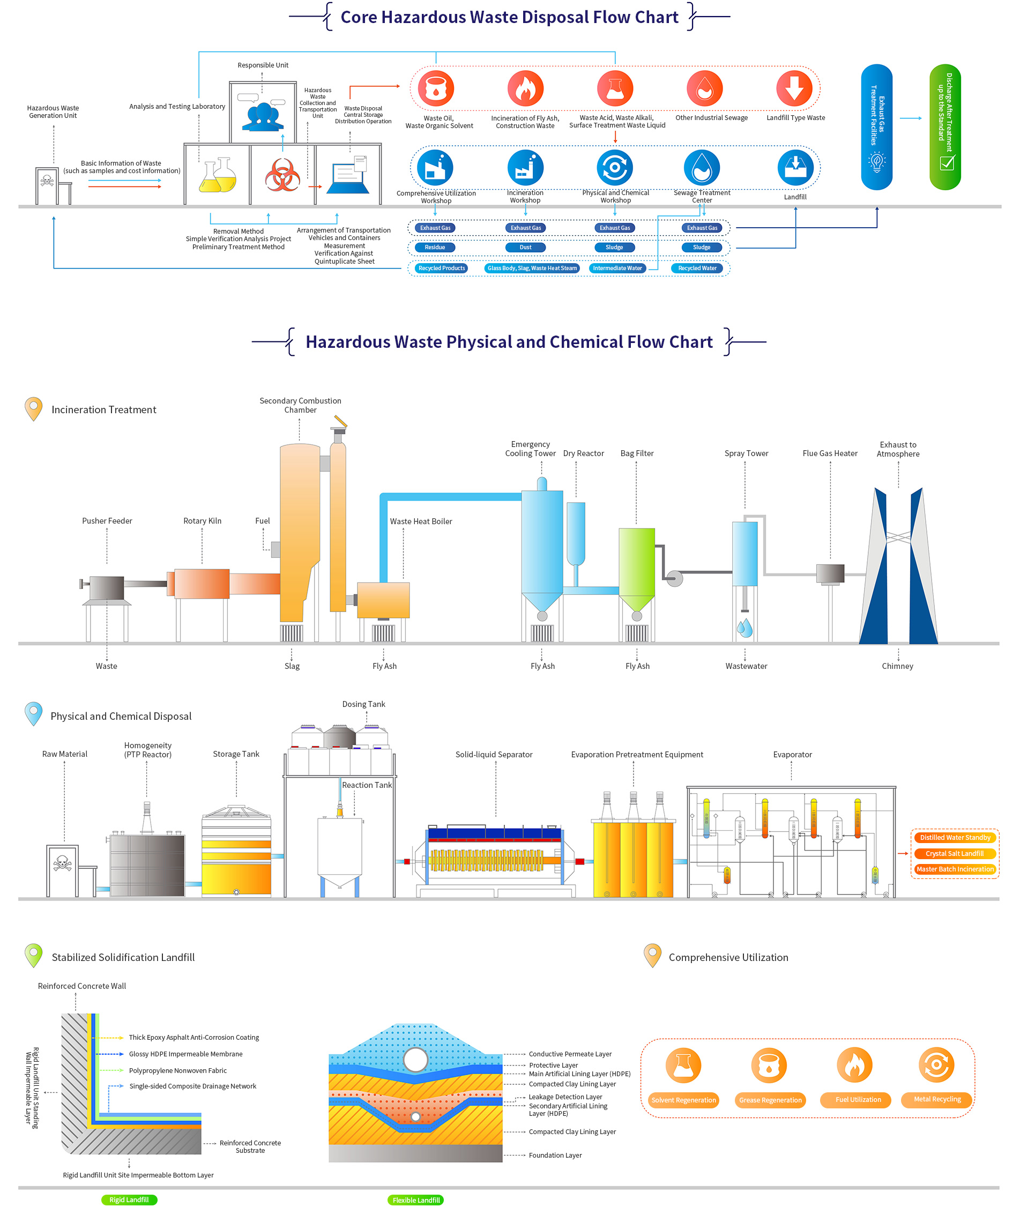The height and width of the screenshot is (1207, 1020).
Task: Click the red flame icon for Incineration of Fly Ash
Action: tap(525, 88)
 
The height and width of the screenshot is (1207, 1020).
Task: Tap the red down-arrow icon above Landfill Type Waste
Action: tap(794, 88)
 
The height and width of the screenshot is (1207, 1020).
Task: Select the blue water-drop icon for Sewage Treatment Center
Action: tap(702, 168)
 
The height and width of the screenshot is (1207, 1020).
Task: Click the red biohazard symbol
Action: tap(282, 175)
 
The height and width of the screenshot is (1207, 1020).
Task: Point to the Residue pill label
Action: tap(435, 248)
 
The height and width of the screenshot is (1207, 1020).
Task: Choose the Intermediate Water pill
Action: tap(617, 268)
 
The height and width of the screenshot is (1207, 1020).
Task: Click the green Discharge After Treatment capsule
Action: tap(945, 126)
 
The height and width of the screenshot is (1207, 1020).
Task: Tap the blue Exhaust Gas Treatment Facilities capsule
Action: tap(876, 126)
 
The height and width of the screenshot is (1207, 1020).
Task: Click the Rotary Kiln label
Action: tap(203, 521)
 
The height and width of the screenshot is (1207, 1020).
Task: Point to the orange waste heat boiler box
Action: tap(383, 600)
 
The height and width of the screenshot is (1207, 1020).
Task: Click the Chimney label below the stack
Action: tap(897, 666)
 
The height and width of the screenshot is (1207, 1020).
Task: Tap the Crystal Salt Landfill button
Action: tap(954, 853)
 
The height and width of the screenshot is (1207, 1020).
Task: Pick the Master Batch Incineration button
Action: tap(955, 869)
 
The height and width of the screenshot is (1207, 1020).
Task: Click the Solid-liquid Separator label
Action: tap(494, 755)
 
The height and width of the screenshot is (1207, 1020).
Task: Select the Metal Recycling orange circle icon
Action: tap(936, 1065)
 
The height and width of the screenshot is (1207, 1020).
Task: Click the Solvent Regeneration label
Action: tap(683, 1100)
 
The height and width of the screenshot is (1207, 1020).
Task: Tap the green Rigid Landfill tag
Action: tap(129, 1199)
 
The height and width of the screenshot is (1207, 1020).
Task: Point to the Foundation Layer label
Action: tap(555, 1155)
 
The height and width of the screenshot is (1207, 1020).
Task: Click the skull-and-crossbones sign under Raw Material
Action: tap(63, 863)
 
